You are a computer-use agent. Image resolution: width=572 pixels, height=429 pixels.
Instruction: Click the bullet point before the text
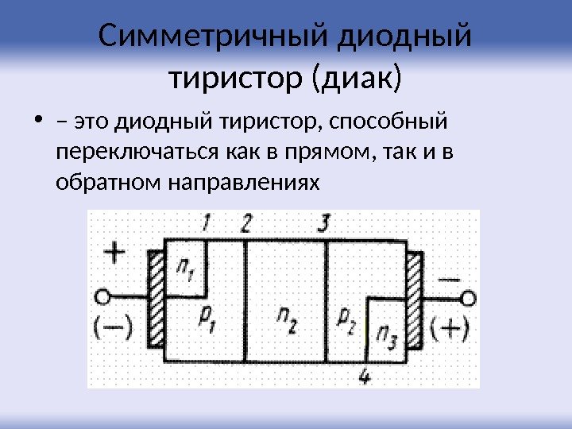tap(38, 122)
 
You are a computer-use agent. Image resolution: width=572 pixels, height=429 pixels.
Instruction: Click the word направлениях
tap(242, 183)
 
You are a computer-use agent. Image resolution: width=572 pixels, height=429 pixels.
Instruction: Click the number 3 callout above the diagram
tap(323, 223)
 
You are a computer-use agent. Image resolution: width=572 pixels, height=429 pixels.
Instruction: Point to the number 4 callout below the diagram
tap(365, 376)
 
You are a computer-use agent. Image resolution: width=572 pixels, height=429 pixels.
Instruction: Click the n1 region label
tap(187, 271)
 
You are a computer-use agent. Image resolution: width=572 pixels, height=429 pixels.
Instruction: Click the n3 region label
tap(388, 334)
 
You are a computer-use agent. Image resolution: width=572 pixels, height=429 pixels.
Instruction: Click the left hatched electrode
tap(157, 306)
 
